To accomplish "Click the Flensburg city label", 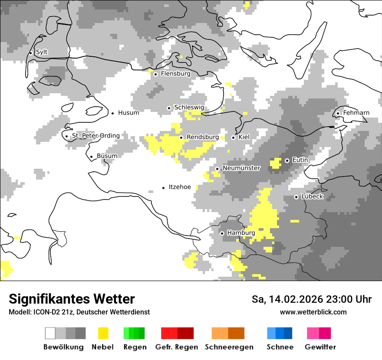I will [175, 74].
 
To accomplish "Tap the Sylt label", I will [42, 52].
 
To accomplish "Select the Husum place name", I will [128, 113].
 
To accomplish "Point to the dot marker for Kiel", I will [234, 137].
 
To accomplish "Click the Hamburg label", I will [241, 233].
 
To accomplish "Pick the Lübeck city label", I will [312, 196].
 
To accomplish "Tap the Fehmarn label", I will [356, 113].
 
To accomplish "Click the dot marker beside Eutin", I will [287, 160].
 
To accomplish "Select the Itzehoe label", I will [180, 187].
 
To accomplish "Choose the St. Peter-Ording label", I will [95, 136].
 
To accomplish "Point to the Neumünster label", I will [241, 168].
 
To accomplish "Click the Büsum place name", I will [107, 156].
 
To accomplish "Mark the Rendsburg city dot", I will [181, 137].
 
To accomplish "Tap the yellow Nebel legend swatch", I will [103, 333].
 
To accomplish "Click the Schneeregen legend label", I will [229, 347].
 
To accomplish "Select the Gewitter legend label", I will [320, 347].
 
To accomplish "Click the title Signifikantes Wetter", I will [72, 299].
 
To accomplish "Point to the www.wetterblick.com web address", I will [313, 312].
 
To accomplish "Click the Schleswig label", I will [189, 108].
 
